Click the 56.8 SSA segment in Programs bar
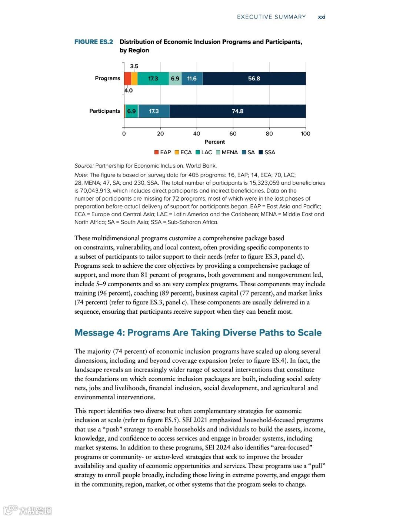click(254, 79)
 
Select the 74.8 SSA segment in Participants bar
click(238, 111)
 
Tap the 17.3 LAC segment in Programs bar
click(153, 79)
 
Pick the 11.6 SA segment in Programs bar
click(192, 79)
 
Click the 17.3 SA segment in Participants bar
click(154, 111)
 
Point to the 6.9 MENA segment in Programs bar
click(175, 79)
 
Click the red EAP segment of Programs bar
click(127, 79)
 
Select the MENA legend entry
click(227, 152)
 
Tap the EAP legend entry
click(163, 152)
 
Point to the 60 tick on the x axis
click(233, 133)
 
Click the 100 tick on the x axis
click(306, 133)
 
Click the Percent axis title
click(215, 142)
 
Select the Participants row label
click(105, 111)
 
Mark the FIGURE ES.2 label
click(94, 42)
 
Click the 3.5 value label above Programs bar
click(134, 66)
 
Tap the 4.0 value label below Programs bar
click(129, 90)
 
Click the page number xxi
click(321, 17)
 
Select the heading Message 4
click(198, 333)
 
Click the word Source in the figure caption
click(84, 166)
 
